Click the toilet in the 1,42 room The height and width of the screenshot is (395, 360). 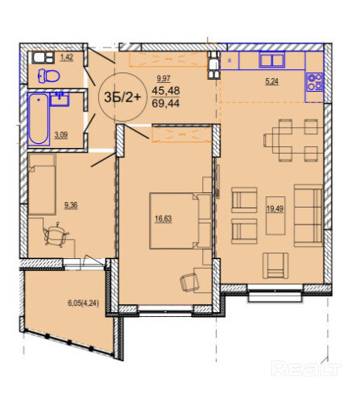click(49, 76)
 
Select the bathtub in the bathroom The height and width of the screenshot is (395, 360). click(39, 118)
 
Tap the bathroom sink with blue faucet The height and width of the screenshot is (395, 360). click(60, 99)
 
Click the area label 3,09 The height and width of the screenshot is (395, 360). click(61, 135)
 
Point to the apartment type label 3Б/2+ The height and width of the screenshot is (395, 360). click(122, 97)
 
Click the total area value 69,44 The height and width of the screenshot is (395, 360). click(166, 103)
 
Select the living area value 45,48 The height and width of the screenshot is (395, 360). click(166, 91)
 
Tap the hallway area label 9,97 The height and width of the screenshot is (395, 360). click(163, 79)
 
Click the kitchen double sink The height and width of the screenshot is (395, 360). click(272, 60)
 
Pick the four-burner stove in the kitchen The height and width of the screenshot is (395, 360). click(315, 82)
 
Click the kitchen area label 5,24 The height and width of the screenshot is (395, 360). click(271, 81)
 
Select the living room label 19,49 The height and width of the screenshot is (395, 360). click(275, 208)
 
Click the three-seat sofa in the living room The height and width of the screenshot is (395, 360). click(308, 216)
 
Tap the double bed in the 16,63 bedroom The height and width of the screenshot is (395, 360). click(180, 220)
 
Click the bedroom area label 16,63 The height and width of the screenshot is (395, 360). click(163, 219)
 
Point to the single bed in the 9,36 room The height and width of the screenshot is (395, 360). click(42, 184)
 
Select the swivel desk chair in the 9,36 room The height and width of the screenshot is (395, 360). click(56, 234)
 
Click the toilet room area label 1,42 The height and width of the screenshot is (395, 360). click(67, 57)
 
